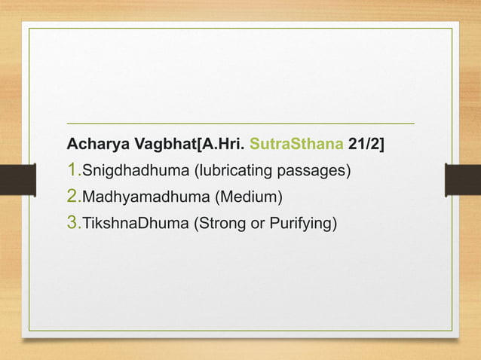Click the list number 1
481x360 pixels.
click(72, 170)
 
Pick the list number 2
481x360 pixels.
click(72, 197)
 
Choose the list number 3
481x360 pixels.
click(72, 223)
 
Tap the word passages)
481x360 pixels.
click(315, 171)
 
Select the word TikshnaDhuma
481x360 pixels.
click(128, 224)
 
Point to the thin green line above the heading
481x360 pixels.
click(240, 123)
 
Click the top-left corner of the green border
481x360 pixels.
click(29, 29)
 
